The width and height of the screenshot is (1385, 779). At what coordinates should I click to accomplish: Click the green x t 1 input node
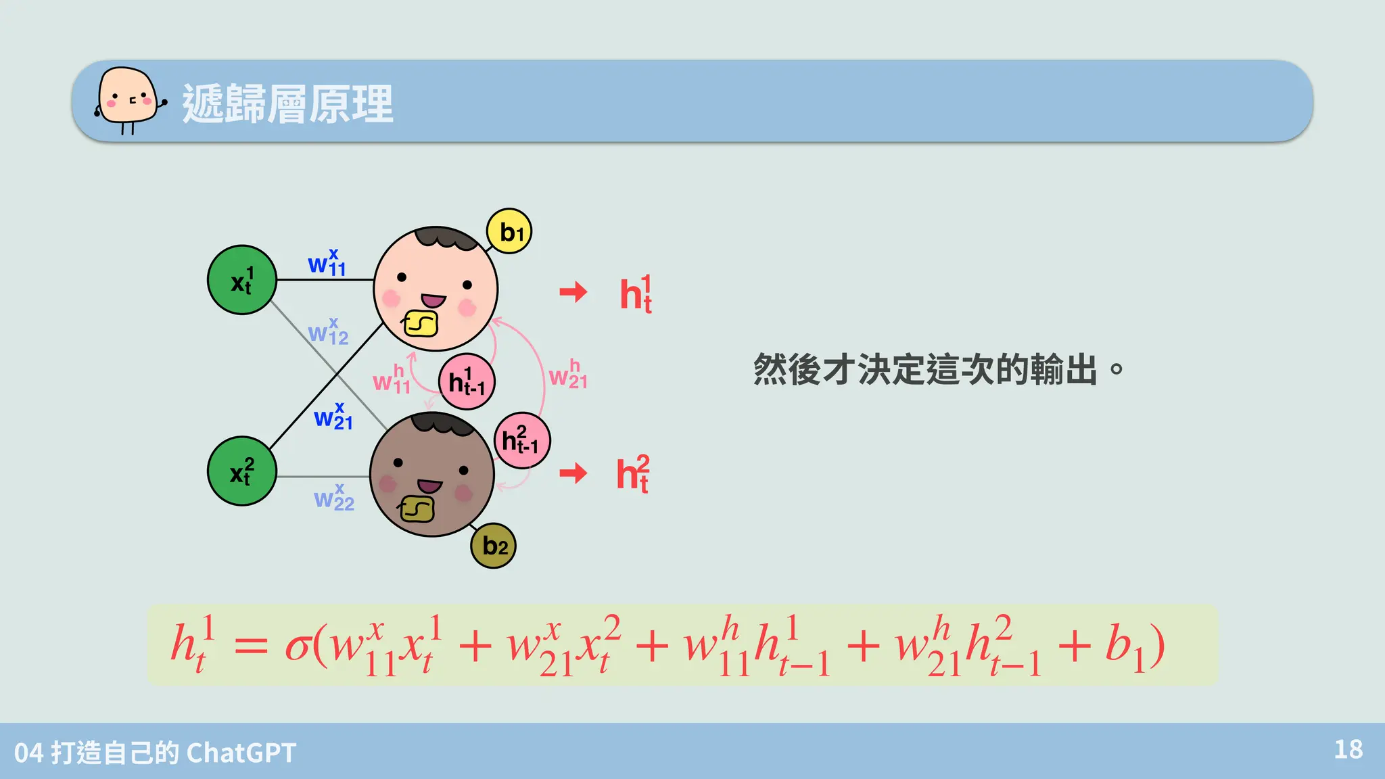tap(241, 280)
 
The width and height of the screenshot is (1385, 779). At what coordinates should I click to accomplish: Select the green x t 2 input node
tap(241, 471)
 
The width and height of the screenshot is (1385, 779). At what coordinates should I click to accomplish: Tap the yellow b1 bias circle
tap(509, 231)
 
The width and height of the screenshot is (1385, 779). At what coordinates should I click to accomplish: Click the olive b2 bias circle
tap(493, 546)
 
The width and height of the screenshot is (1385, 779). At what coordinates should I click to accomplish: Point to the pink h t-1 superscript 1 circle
tap(467, 382)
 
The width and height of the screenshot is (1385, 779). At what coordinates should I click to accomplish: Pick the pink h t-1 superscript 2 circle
tap(521, 441)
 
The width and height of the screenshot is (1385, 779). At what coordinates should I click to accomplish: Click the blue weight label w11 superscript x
tap(327, 263)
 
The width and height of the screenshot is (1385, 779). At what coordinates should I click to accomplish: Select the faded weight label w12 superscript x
tap(328, 332)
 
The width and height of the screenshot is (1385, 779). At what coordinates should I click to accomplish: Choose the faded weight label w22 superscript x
tap(334, 498)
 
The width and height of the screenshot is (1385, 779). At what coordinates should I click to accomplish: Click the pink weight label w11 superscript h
tap(392, 380)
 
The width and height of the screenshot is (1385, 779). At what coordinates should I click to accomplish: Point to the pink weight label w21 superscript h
tap(568, 375)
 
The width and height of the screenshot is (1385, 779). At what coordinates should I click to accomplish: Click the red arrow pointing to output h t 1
tap(573, 292)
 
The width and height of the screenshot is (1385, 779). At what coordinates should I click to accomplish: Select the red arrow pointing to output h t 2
tap(573, 473)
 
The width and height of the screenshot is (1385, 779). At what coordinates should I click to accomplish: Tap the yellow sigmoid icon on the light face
tap(421, 324)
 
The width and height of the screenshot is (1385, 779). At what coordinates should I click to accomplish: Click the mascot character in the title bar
tap(128, 100)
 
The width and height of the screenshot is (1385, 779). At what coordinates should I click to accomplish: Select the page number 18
tap(1348, 749)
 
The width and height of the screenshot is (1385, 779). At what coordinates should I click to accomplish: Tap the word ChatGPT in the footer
tap(241, 753)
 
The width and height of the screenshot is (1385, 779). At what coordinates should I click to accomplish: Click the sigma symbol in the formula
tap(298, 646)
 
